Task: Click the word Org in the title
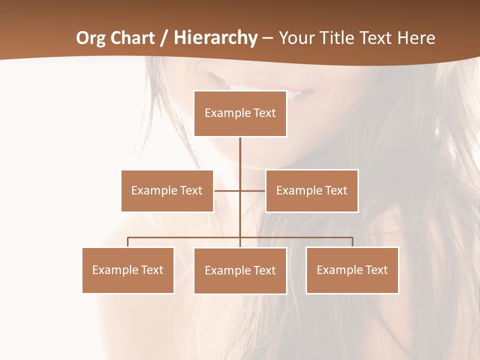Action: (90, 38)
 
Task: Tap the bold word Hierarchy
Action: (215, 38)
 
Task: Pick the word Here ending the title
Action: (416, 38)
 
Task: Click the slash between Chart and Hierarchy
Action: (164, 38)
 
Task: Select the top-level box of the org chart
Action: (240, 113)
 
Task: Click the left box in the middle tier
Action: (167, 190)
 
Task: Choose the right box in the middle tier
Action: (311, 190)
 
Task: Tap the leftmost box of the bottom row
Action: (128, 270)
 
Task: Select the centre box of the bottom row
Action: (240, 270)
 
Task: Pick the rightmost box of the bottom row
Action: (352, 270)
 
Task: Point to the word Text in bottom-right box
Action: (376, 270)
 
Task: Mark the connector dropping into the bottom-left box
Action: (128, 242)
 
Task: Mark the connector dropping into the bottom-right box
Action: (352, 242)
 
